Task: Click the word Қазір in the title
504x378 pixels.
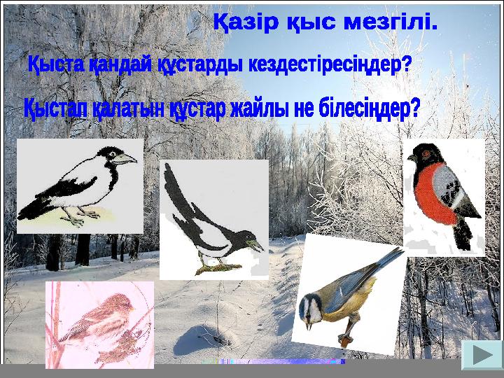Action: [246, 23]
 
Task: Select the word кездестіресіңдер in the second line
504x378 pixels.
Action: [330, 65]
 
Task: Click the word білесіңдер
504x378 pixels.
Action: [370, 108]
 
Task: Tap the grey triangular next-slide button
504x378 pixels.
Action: [482, 355]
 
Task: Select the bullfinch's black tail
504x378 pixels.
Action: [463, 234]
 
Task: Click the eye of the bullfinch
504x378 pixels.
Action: [426, 154]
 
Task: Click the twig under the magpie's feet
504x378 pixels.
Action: [218, 268]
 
